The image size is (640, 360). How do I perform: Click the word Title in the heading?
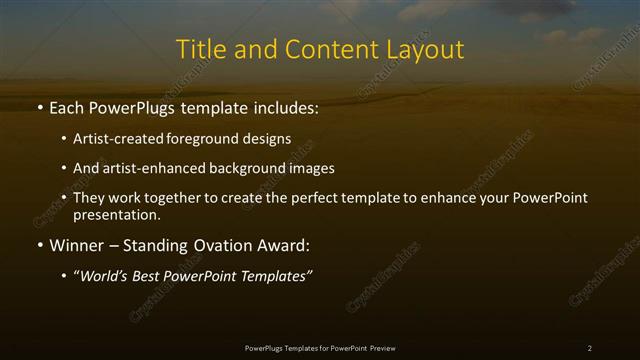click(x=199, y=49)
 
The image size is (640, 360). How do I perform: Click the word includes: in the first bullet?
click(x=282, y=106)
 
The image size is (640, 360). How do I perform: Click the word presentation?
click(x=116, y=214)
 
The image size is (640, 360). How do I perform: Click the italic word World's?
click(x=107, y=277)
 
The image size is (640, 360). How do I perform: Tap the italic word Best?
click(x=154, y=277)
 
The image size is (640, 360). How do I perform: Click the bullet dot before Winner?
click(x=39, y=246)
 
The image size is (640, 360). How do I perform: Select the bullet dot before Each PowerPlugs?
click(x=39, y=107)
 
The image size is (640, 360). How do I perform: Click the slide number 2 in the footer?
click(x=589, y=348)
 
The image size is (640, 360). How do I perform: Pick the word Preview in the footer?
click(x=381, y=348)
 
